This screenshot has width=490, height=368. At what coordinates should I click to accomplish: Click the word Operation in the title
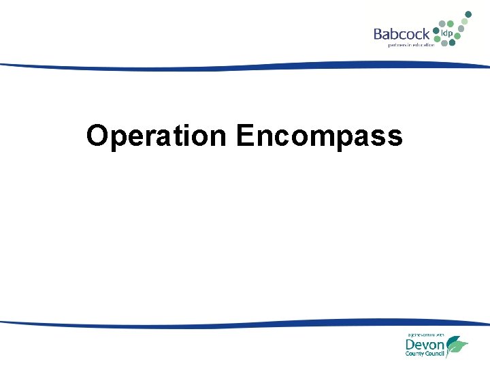[x=156, y=136]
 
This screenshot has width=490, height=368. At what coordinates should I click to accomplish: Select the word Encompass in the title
[x=319, y=136]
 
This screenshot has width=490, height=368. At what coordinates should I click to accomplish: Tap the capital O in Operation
[x=97, y=136]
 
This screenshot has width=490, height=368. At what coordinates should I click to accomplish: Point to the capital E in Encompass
[x=244, y=136]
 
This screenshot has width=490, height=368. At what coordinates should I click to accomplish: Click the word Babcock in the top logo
[x=401, y=33]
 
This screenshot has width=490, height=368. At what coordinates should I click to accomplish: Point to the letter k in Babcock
[x=425, y=33]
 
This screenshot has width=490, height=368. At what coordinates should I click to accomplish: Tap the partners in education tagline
[x=411, y=45]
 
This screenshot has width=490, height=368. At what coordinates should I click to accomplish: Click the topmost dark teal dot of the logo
[x=468, y=13]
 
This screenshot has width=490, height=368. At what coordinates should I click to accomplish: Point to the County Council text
[x=425, y=354]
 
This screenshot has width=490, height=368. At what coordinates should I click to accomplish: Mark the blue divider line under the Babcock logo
[x=245, y=66]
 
